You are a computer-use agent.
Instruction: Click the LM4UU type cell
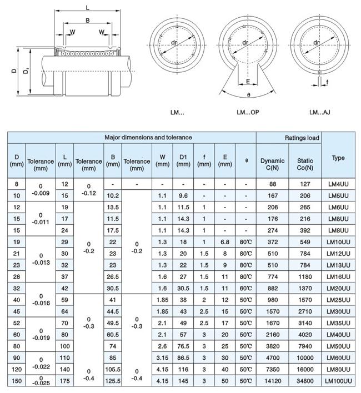(338, 184)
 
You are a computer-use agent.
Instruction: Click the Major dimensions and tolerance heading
(148, 137)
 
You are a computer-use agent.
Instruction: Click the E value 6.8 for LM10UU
(225, 242)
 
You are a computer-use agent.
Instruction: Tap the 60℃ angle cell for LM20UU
(245, 288)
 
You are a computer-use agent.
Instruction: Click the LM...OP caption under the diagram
(248, 112)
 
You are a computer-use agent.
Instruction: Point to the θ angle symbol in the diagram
(248, 95)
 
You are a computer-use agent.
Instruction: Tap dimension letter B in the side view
(87, 21)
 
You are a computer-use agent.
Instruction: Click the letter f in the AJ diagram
(328, 82)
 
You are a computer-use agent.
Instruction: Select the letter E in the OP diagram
(247, 81)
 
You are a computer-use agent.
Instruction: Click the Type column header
(338, 158)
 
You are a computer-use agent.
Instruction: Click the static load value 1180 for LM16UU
(305, 276)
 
